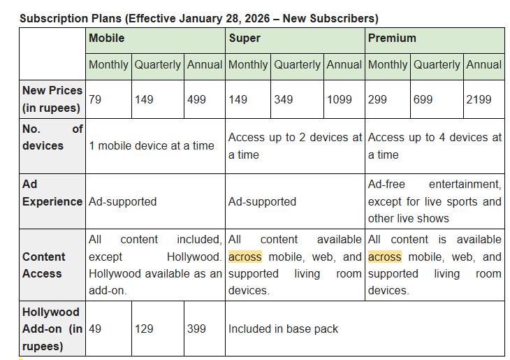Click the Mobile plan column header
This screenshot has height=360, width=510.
coord(107,38)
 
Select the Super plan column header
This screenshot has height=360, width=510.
coord(245,38)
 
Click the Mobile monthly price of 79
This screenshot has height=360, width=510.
coord(95,100)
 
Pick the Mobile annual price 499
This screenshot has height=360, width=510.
coord(197,100)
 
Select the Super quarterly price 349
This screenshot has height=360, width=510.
coord(284,100)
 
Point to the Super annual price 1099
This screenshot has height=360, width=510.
coord(340,100)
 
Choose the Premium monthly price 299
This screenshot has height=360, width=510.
coord(378,100)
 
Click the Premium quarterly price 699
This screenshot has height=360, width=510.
coord(423,100)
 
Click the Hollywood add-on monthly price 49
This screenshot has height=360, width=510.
coord(95,328)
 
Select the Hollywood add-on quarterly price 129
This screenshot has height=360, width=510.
coord(144,328)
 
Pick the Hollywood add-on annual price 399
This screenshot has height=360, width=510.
coord(197,328)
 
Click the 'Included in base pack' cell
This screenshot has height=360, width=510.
coord(283,328)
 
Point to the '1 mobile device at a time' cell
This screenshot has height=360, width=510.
coord(152,146)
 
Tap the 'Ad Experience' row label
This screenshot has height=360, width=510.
coord(52,193)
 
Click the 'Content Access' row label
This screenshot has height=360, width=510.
coord(43,265)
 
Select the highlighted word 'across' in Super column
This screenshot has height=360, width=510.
coord(245,257)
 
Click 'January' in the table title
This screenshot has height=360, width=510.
coord(202,18)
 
